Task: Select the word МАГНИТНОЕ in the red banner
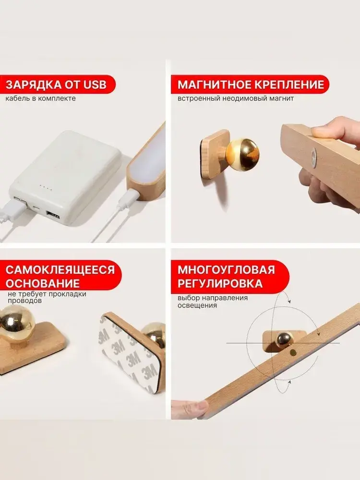pyautogui.click(x=214, y=84)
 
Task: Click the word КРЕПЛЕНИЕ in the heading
pyautogui.click(x=288, y=84)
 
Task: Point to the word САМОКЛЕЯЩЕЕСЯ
pyautogui.click(x=60, y=270)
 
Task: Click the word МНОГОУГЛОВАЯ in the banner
pyautogui.click(x=226, y=270)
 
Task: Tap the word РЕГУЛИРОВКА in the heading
pyautogui.click(x=220, y=284)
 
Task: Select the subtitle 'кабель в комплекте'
pyautogui.click(x=40, y=98)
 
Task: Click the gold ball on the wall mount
pyautogui.click(x=244, y=155)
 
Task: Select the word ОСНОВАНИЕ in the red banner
pyautogui.click(x=43, y=284)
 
